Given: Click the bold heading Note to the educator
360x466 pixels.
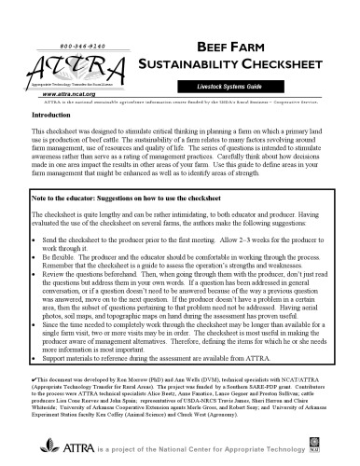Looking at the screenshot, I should coord(74,200).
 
